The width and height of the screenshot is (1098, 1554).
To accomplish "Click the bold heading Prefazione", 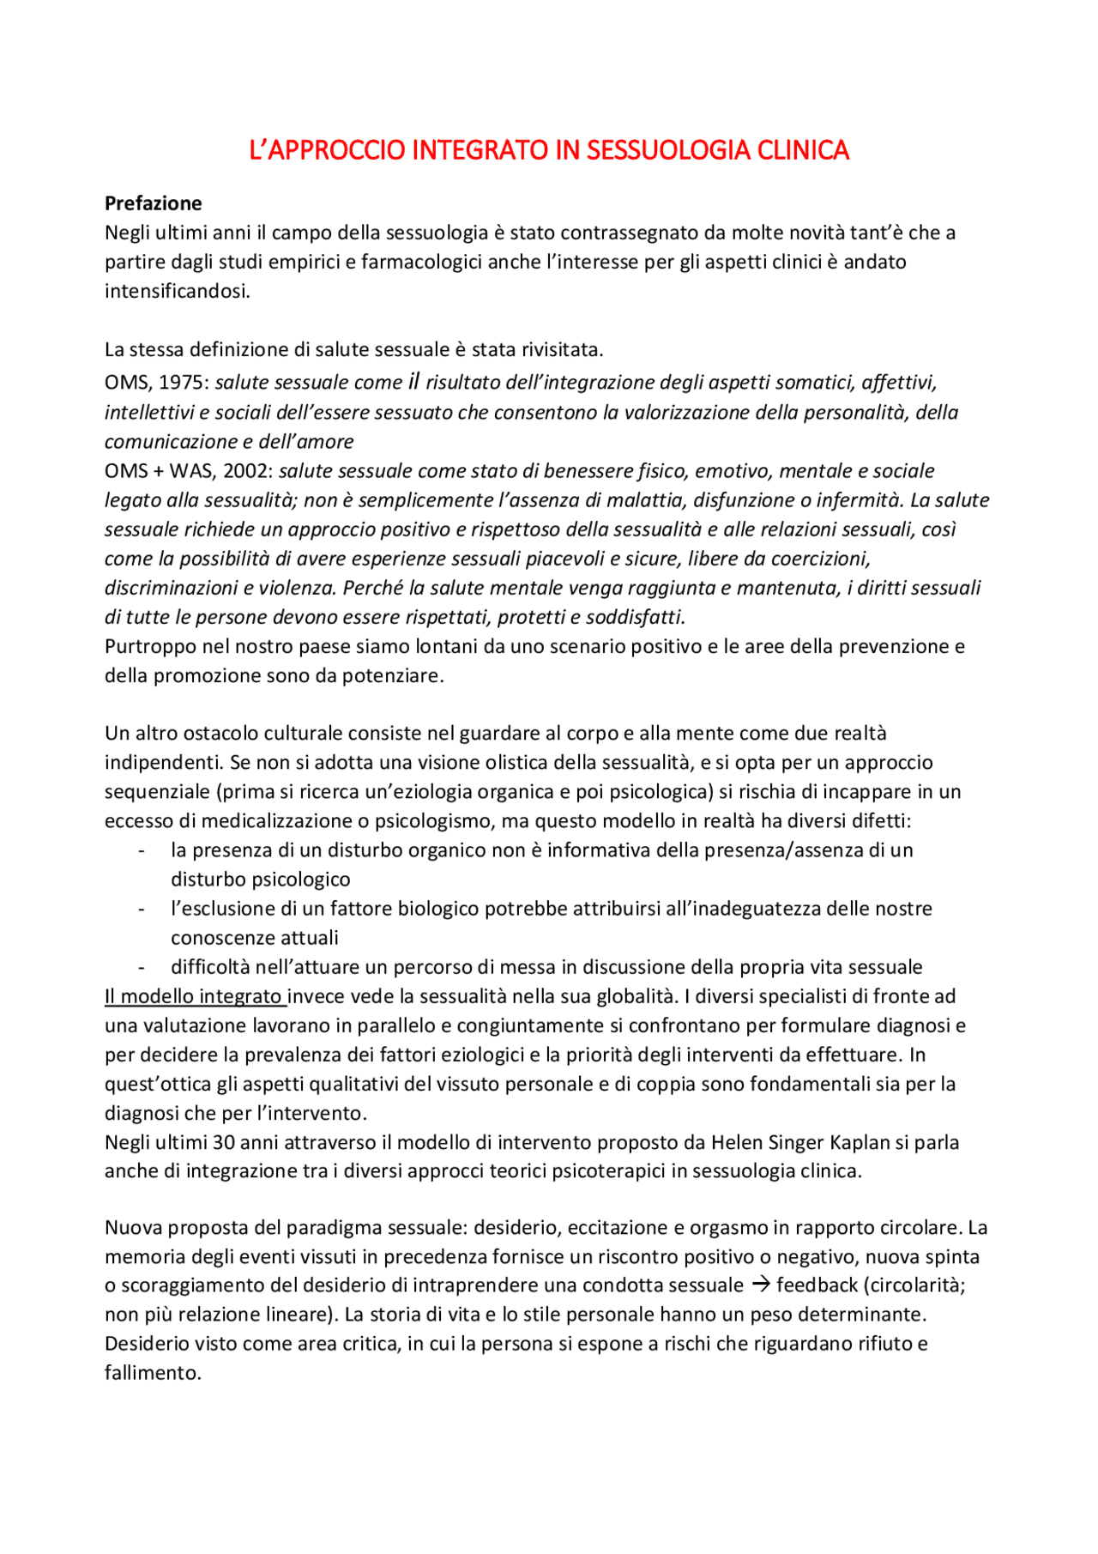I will (x=153, y=203).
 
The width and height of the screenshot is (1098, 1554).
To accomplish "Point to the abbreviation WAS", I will (x=191, y=471).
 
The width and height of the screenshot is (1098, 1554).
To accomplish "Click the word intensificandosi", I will (x=177, y=291).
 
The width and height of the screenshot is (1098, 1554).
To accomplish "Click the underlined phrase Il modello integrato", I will (x=193, y=996).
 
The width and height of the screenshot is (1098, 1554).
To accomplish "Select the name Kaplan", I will (x=860, y=1142).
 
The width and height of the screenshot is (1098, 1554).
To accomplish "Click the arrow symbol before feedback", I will (x=760, y=1285).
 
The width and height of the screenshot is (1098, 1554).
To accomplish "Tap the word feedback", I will (x=817, y=1285).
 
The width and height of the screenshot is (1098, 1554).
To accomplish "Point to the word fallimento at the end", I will (x=151, y=1372).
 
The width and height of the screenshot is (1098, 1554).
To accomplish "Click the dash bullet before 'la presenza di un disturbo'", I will (x=141, y=850).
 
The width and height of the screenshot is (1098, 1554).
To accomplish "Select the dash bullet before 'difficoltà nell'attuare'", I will (x=141, y=967).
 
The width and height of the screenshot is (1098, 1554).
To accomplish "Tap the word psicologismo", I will (x=433, y=820).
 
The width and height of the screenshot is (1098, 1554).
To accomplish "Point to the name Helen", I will (x=736, y=1142).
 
